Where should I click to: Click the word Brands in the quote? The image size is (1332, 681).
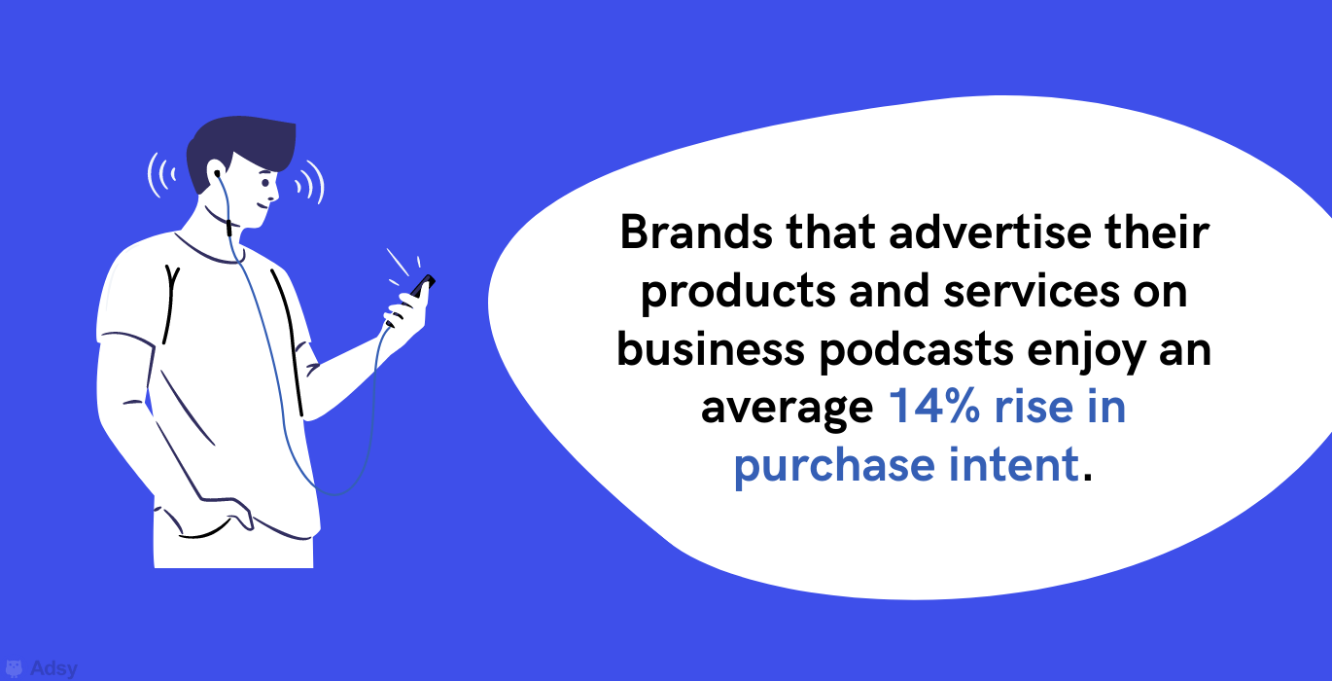click(697, 232)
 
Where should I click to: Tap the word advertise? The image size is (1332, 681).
click(991, 232)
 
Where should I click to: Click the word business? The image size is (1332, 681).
click(711, 348)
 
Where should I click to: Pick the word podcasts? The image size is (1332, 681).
click(916, 350)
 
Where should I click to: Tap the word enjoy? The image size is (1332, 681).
click(1086, 351)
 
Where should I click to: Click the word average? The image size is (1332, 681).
click(787, 409)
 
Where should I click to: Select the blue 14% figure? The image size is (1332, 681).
click(934, 406)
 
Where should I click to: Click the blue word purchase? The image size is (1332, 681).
click(834, 466)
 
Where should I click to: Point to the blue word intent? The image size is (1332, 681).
click(1013, 464)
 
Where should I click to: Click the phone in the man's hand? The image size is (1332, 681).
click(423, 286)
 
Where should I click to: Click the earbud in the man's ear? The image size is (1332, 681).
click(217, 174)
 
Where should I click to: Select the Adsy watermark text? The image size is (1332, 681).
click(53, 668)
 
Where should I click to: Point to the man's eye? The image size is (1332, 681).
click(265, 183)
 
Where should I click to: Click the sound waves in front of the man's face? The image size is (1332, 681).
click(310, 182)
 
